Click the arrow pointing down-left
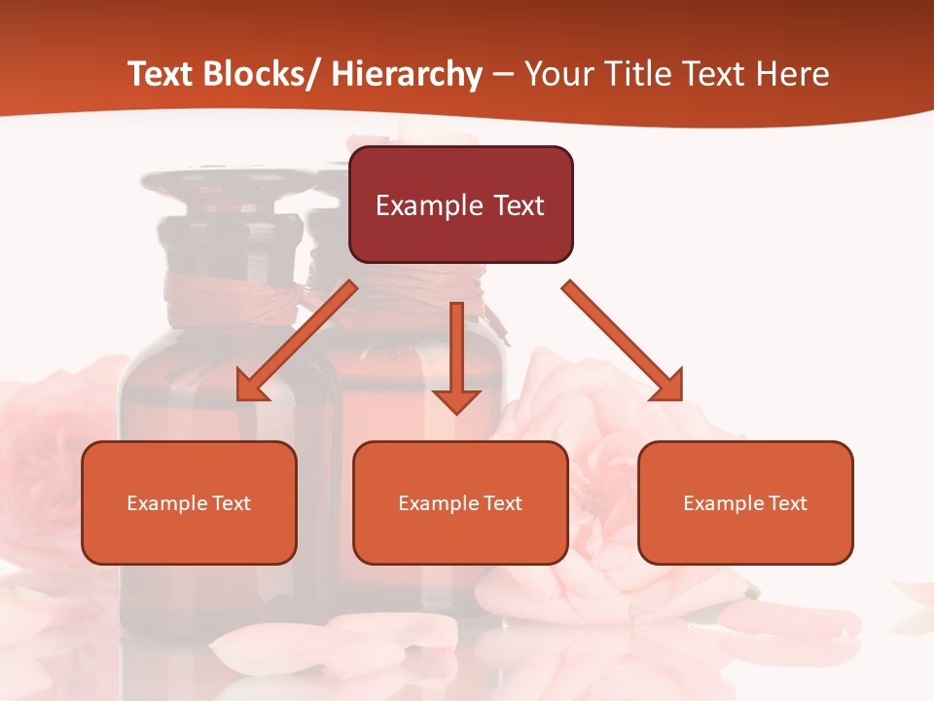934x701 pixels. point(298,342)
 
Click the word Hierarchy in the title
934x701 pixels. point(407,74)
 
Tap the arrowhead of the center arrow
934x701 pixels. point(456,399)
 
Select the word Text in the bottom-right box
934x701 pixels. point(787,503)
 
